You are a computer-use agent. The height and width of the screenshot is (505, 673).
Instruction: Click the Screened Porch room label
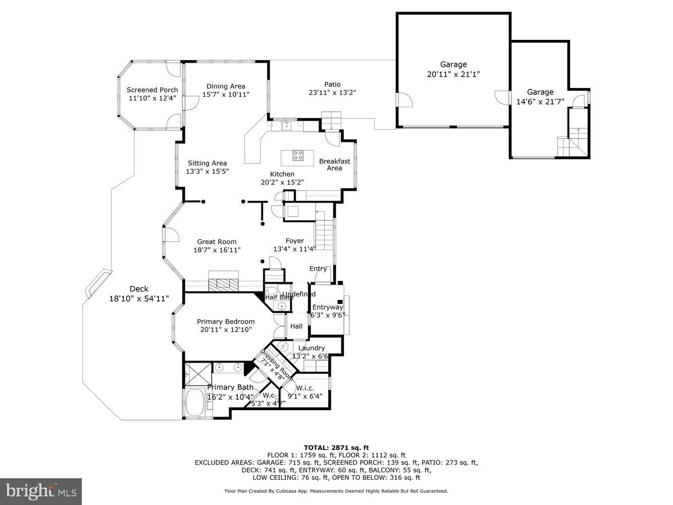152,90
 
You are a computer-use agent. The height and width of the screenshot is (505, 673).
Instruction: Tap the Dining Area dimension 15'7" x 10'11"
226,94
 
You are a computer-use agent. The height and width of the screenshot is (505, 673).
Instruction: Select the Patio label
332,84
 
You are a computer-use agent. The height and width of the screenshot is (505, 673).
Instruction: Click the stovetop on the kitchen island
298,155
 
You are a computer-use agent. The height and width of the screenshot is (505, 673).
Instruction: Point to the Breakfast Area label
334,165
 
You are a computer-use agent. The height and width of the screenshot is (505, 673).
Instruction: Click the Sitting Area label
207,163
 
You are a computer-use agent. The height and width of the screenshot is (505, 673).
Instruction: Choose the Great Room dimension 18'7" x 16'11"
217,250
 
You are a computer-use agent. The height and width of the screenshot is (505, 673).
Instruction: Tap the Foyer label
294,241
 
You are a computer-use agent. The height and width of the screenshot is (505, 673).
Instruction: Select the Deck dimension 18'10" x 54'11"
139,298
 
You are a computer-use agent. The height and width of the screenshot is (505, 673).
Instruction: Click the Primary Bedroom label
226,322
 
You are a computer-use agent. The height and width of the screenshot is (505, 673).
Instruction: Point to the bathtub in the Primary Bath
194,403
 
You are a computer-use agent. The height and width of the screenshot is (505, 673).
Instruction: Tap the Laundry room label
311,348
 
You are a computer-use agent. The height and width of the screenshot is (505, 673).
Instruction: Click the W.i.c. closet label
305,388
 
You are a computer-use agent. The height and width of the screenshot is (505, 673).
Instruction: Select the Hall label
296,326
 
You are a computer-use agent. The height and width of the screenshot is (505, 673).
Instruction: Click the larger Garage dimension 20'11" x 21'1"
453,74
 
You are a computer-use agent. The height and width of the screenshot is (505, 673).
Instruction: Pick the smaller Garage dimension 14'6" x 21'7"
540,102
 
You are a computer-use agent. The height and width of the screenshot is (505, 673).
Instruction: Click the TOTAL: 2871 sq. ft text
336,447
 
